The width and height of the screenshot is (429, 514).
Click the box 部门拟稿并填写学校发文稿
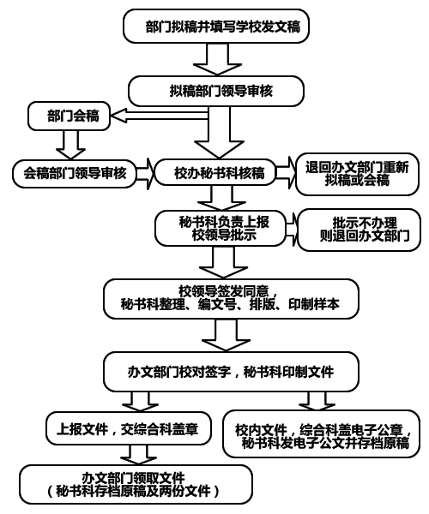[216, 27]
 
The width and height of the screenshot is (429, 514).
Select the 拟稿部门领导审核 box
[216, 91]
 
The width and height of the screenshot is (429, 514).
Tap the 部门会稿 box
[69, 116]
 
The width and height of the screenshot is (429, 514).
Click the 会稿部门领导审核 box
[75, 173]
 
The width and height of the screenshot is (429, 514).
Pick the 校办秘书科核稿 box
[215, 172]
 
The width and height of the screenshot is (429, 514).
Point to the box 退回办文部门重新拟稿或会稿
[357, 174]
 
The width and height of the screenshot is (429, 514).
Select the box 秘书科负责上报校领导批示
[221, 228]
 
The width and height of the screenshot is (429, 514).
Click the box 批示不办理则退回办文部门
[359, 230]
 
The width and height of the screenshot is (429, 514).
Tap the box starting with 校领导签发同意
[231, 299]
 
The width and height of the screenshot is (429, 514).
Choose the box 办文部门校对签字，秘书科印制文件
[231, 372]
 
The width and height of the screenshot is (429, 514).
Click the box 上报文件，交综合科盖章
[128, 428]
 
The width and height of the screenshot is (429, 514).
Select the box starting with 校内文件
[322, 433]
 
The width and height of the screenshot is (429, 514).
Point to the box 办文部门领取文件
[136, 485]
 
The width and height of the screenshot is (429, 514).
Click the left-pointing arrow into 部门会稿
[160, 116]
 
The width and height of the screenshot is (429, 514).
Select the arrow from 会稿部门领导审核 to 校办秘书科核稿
[145, 174]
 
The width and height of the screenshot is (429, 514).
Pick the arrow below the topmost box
[217, 59]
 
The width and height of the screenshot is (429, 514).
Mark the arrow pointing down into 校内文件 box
[317, 401]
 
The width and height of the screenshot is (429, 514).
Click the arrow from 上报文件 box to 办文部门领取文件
[138, 455]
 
